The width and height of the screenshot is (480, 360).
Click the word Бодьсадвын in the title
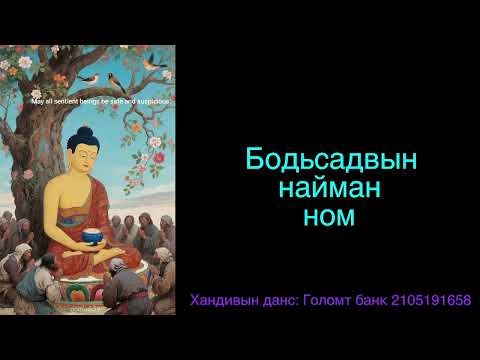click(x=330, y=160)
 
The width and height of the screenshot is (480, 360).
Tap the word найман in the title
click(x=330, y=186)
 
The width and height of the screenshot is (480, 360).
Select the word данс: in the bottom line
click(x=285, y=301)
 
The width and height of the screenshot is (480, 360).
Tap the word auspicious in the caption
click(x=150, y=101)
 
